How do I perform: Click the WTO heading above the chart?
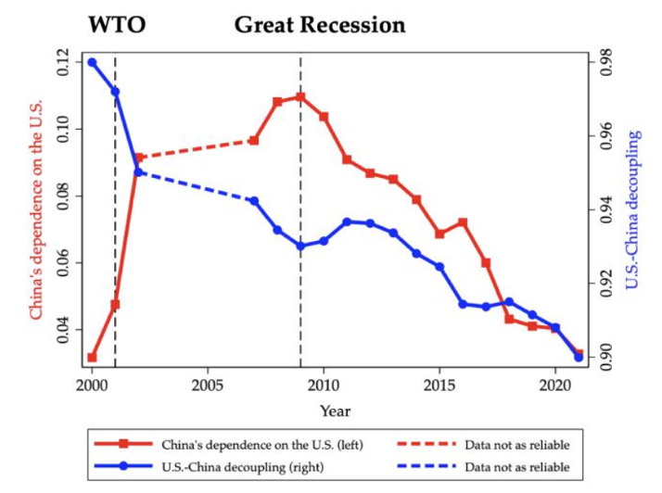117,24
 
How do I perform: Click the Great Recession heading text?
319,24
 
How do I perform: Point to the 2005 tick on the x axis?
207,384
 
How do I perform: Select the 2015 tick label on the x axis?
439,384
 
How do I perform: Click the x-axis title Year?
335,411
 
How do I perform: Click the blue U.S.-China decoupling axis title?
633,209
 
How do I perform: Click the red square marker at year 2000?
92,357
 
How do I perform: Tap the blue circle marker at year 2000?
92,62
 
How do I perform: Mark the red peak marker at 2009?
300,96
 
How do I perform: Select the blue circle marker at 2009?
300,246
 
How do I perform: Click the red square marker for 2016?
463,222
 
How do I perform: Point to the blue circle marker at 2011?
347,221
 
